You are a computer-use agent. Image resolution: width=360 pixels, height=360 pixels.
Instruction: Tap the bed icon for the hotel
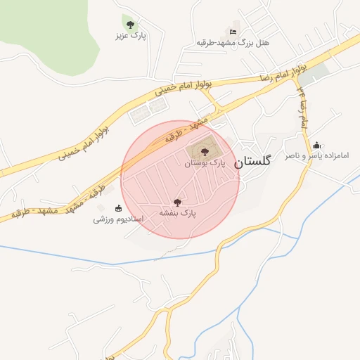(x=233, y=32)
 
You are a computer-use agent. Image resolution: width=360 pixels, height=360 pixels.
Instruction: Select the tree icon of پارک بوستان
(x=205, y=151)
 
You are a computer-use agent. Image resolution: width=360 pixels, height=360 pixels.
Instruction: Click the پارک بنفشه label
(x=176, y=212)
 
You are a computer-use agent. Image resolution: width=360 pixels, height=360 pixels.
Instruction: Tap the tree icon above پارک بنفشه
(x=176, y=202)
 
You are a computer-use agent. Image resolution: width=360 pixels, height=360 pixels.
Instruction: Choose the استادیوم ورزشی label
(x=118, y=219)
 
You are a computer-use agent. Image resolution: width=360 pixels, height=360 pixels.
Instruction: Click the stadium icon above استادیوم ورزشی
(x=118, y=208)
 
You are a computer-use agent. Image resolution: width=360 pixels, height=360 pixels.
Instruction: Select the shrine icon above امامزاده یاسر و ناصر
(x=316, y=145)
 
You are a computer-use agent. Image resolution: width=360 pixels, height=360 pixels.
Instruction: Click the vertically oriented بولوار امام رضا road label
(x=302, y=105)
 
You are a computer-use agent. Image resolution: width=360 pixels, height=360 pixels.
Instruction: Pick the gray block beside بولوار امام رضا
(x=316, y=72)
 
